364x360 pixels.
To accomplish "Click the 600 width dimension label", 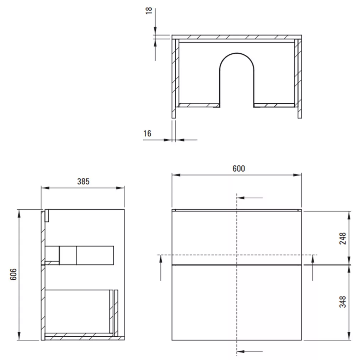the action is (x=239, y=168).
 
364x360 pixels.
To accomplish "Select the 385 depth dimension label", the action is (x=83, y=182).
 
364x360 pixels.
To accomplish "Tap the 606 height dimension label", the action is (x=14, y=274).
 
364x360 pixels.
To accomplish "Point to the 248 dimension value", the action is (x=343, y=238).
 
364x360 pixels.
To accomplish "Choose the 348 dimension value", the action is (x=343, y=302).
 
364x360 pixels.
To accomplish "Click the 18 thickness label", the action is (x=149, y=11).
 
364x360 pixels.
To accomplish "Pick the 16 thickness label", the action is (x=147, y=134).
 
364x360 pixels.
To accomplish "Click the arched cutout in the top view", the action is (x=237, y=53).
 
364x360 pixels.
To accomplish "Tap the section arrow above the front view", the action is (x=250, y=198).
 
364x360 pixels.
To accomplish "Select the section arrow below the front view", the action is (x=250, y=351).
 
